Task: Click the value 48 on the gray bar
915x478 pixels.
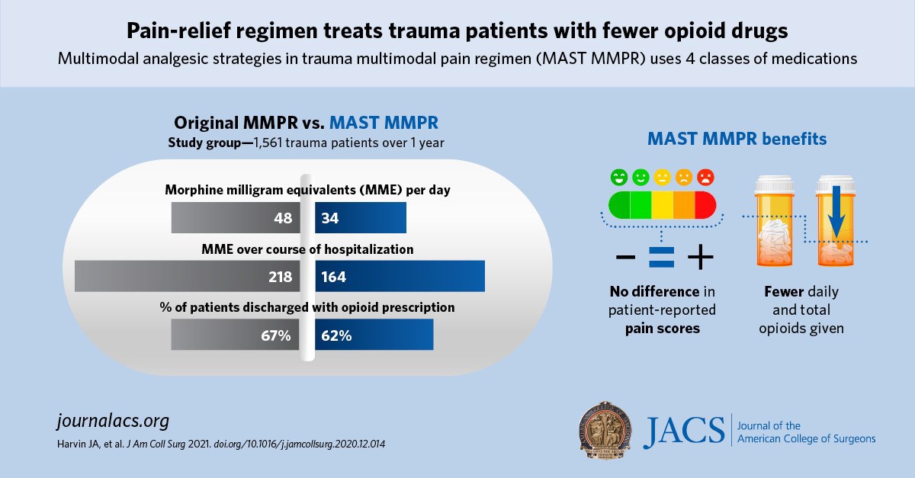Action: click(x=283, y=219)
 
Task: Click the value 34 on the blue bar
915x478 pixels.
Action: click(x=331, y=219)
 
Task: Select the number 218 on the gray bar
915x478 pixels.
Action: click(x=279, y=277)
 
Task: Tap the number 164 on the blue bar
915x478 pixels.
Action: click(x=334, y=277)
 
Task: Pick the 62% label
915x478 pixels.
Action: click(x=336, y=335)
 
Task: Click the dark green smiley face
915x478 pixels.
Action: click(x=618, y=178)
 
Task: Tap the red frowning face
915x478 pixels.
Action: click(x=706, y=178)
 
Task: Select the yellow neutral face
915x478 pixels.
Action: click(x=662, y=178)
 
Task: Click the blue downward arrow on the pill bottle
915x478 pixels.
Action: click(x=836, y=210)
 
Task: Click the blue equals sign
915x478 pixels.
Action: click(x=661, y=260)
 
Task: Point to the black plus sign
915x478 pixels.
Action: click(x=700, y=260)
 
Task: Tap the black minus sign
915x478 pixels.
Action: click(x=624, y=260)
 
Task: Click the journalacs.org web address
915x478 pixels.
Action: click(x=112, y=421)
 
